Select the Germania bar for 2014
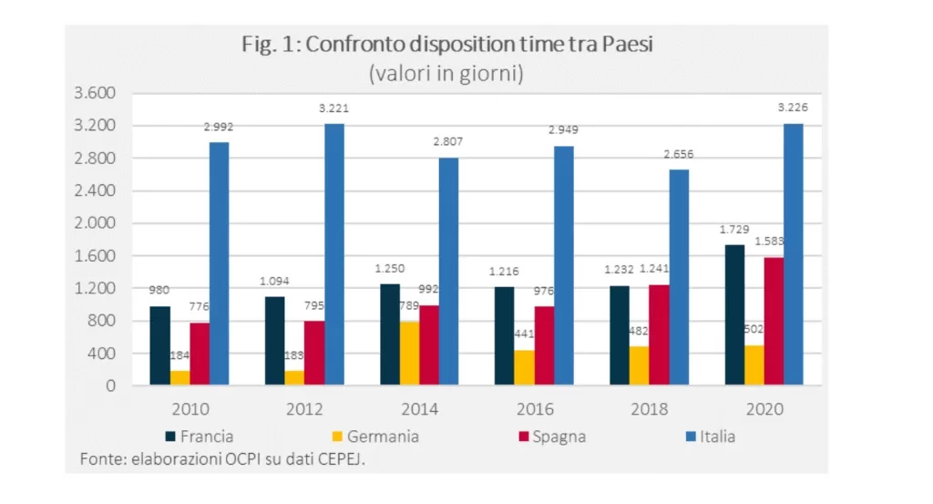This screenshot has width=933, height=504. (409, 354)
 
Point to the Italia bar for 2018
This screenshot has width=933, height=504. (678, 277)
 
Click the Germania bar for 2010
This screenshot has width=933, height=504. (179, 377)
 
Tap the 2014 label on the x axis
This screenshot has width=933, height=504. (420, 410)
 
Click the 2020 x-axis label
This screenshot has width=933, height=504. (764, 410)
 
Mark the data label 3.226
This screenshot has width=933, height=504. (793, 108)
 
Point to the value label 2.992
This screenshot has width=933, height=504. (218, 128)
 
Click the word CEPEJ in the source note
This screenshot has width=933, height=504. (343, 458)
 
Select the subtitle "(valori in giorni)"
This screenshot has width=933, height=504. (446, 73)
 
